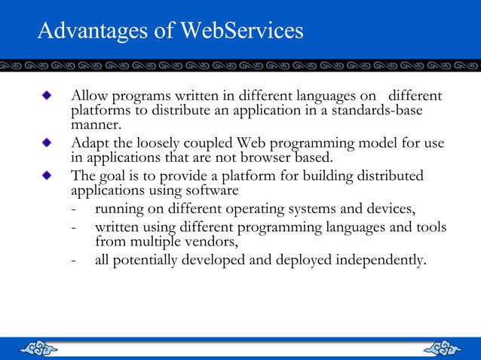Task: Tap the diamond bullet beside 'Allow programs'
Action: pos(48,97)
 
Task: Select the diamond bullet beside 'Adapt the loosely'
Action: pos(48,142)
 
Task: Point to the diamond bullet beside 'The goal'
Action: pos(48,175)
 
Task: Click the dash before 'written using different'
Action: pos(72,227)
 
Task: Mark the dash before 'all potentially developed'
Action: pos(72,261)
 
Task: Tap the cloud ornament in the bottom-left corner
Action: pos(38,348)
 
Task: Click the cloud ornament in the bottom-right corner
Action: pos(443,348)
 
